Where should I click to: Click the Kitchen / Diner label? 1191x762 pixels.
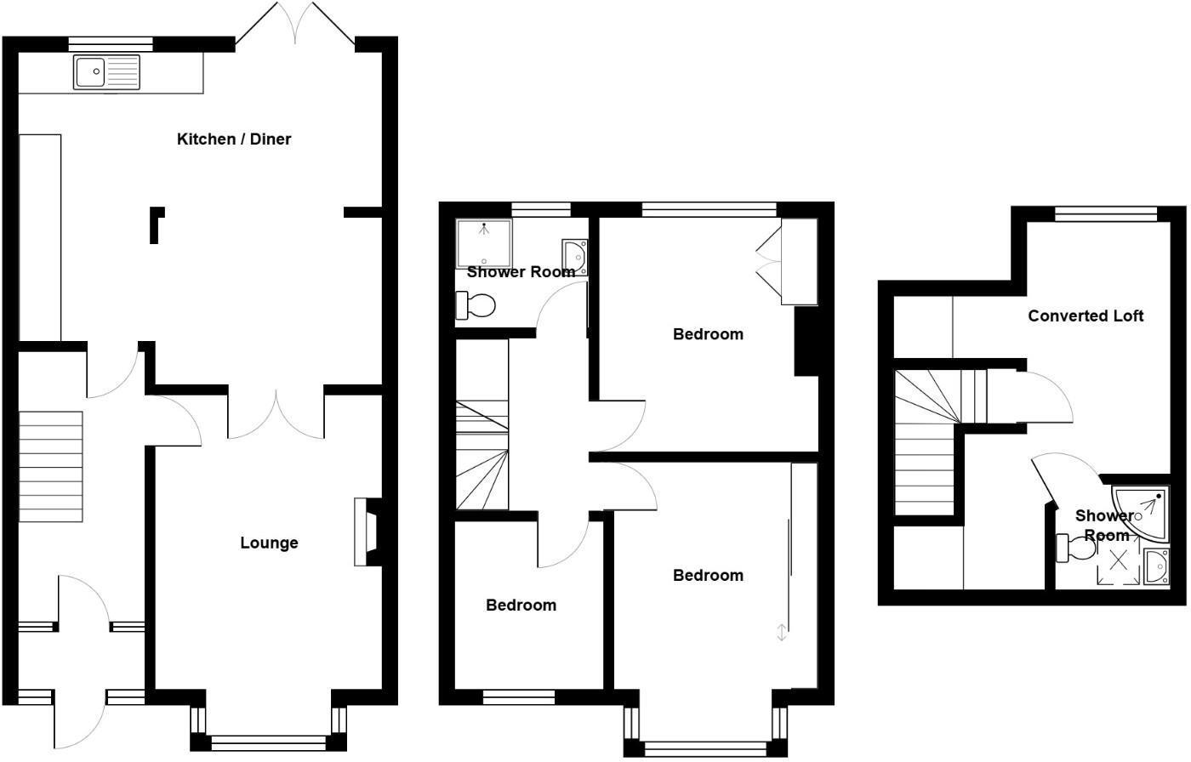coord(234,139)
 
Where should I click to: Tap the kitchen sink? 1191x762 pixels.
coord(105,71)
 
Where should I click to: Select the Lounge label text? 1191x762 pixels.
coord(269,543)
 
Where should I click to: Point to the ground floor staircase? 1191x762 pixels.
coord(51,466)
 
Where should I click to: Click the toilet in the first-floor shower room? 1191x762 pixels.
coord(477,305)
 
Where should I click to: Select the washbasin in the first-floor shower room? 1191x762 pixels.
coord(575,254)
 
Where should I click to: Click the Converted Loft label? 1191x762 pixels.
coord(1086,316)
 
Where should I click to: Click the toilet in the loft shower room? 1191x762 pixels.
coord(1074,548)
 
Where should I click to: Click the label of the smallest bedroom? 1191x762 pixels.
coord(521,606)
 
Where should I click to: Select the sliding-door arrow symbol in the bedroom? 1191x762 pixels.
coord(782,631)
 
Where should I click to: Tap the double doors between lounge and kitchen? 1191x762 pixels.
coord(276,415)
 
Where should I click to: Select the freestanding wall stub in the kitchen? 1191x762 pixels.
coord(156,225)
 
